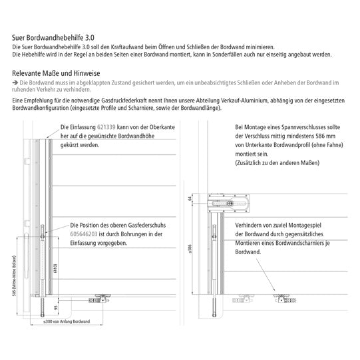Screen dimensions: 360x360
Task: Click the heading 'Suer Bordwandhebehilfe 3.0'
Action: point(53,38)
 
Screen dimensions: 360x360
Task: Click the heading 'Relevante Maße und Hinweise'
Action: point(56,73)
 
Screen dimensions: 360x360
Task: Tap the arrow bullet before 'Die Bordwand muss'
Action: point(15,83)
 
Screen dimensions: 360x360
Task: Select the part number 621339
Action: point(106,127)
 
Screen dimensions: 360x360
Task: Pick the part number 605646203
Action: point(84,234)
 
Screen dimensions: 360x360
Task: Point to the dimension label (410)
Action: point(55,268)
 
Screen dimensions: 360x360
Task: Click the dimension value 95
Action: point(55,307)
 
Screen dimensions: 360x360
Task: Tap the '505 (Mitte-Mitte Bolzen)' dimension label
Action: point(15,275)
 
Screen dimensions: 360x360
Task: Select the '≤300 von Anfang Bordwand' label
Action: point(67,321)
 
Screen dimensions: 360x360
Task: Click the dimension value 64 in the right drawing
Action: point(190,198)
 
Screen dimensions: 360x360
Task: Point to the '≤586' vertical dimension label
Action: point(190,249)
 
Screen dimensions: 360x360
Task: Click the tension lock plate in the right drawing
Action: point(229,204)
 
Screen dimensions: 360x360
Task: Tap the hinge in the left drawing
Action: point(99,298)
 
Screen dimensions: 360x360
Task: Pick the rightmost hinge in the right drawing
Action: point(285,299)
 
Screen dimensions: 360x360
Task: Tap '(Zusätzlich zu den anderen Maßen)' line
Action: point(277,163)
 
